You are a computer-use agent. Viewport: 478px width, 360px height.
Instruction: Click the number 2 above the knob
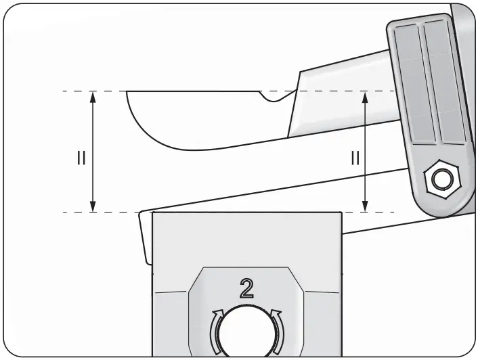pos(246,288)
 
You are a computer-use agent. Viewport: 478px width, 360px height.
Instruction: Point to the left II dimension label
pos(81,158)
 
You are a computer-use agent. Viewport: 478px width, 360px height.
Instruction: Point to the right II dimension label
pos(354,158)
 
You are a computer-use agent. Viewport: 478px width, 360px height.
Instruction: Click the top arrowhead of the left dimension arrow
pos(93,96)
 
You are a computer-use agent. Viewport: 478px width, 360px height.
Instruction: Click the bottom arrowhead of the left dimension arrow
pos(93,207)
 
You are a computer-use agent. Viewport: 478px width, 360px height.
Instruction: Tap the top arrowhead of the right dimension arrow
pos(366,96)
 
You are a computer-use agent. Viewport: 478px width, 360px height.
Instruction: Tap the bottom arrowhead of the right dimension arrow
pos(366,207)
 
